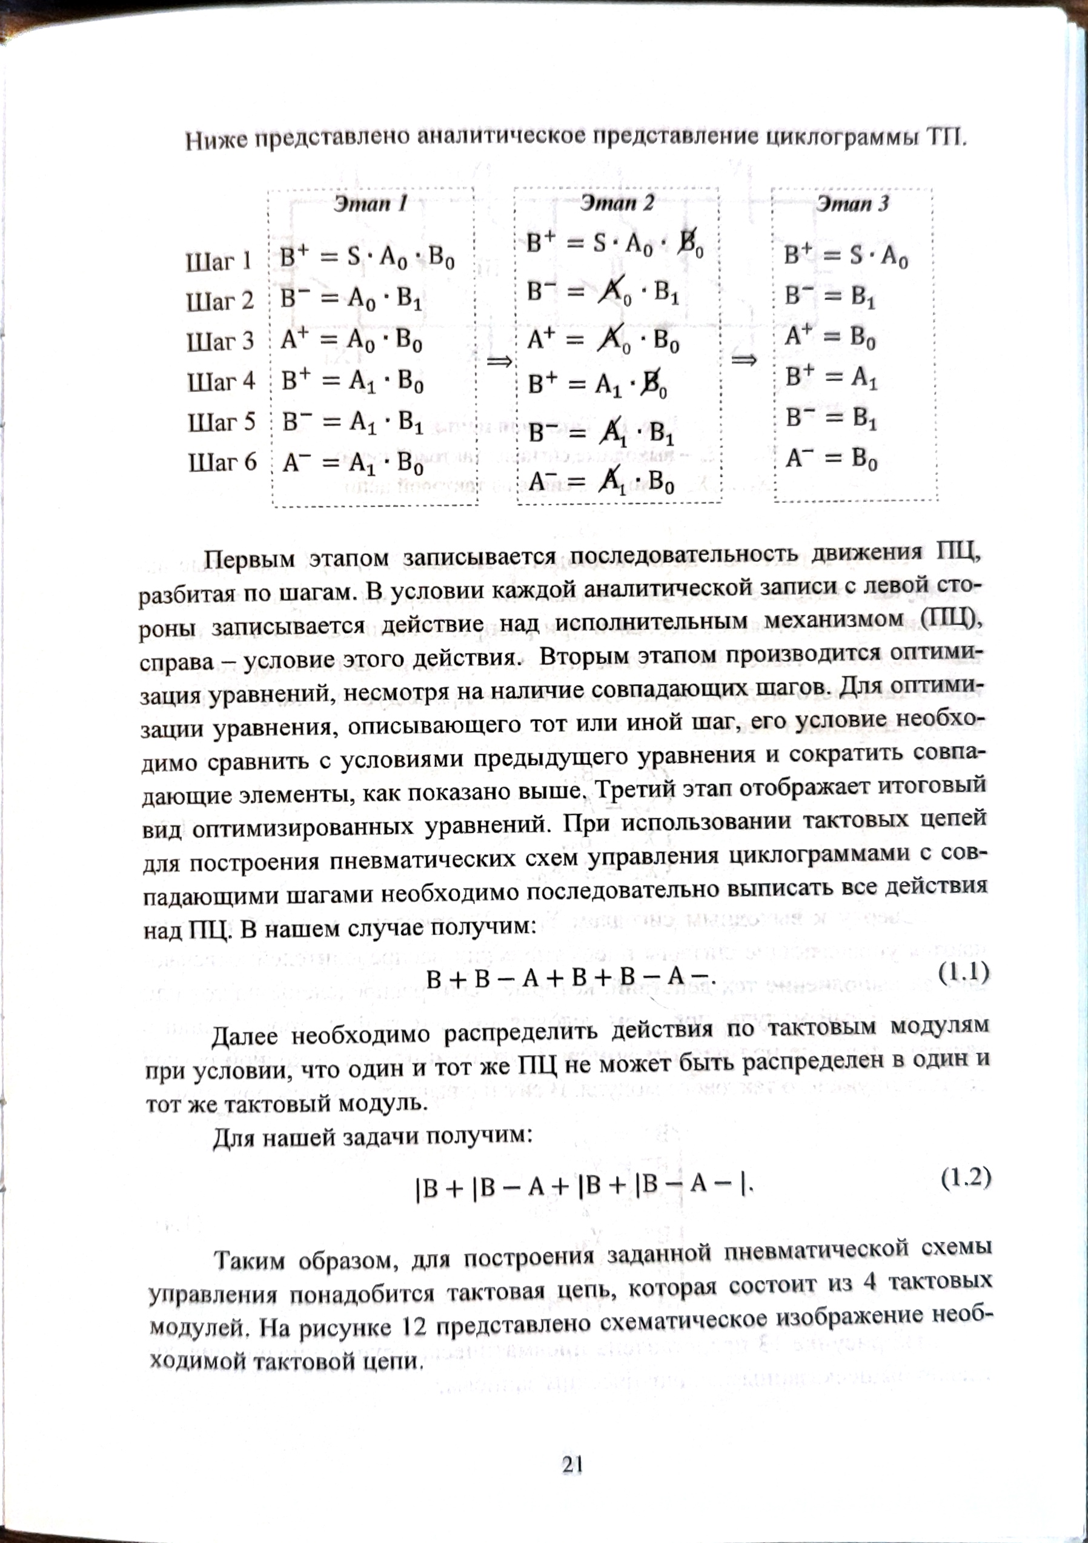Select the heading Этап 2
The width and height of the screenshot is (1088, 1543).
[617, 202]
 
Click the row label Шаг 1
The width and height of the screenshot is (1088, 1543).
[219, 262]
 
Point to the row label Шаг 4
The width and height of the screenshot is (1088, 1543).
[221, 382]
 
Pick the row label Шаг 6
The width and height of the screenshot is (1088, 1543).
[222, 462]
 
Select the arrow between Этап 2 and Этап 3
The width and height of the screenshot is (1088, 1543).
[744, 361]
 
